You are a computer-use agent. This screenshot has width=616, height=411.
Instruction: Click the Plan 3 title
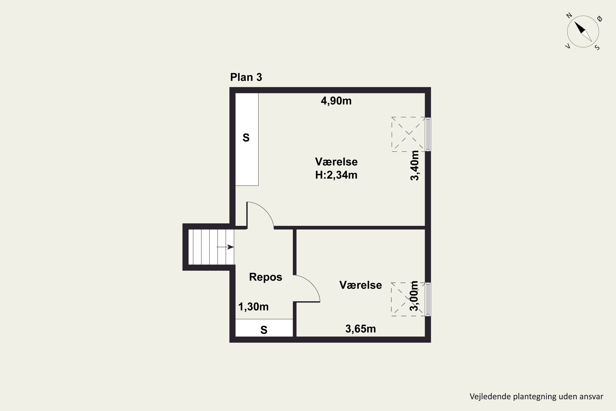pos(246,77)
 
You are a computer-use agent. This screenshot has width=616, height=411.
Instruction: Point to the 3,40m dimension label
pos(415,165)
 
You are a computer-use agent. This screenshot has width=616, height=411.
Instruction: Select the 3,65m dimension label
pos(360,329)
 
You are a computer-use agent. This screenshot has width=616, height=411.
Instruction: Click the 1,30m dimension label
pos(253,307)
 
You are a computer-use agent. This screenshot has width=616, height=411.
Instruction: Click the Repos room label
pos(265,277)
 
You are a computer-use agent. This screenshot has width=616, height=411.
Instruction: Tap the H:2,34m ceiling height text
pos(336,175)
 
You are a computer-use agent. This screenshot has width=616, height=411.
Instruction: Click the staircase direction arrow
pos(225,247)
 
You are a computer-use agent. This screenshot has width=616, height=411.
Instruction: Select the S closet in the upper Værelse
pos(247,139)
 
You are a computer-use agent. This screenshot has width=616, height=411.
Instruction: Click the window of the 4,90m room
pos(428,134)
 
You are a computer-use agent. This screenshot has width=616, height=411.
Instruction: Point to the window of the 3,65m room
pos(428,299)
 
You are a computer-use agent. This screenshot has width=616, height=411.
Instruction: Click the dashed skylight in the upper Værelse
pos(409,134)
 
